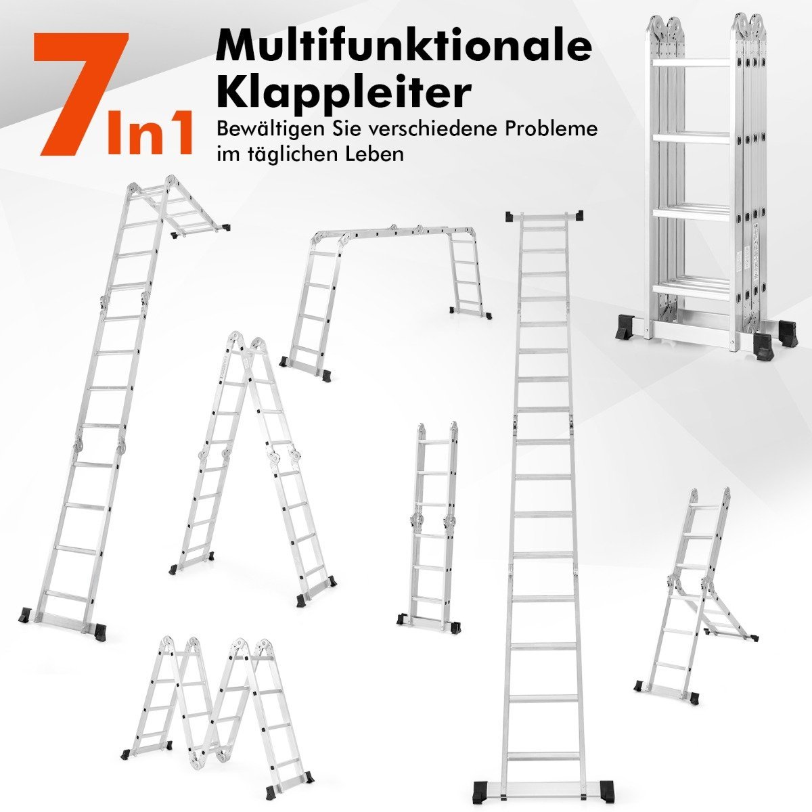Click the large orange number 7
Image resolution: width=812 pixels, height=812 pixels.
(x=80, y=93)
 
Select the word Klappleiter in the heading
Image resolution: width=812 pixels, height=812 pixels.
(x=343, y=95)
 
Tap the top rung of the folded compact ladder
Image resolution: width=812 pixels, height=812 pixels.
(x=691, y=63)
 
